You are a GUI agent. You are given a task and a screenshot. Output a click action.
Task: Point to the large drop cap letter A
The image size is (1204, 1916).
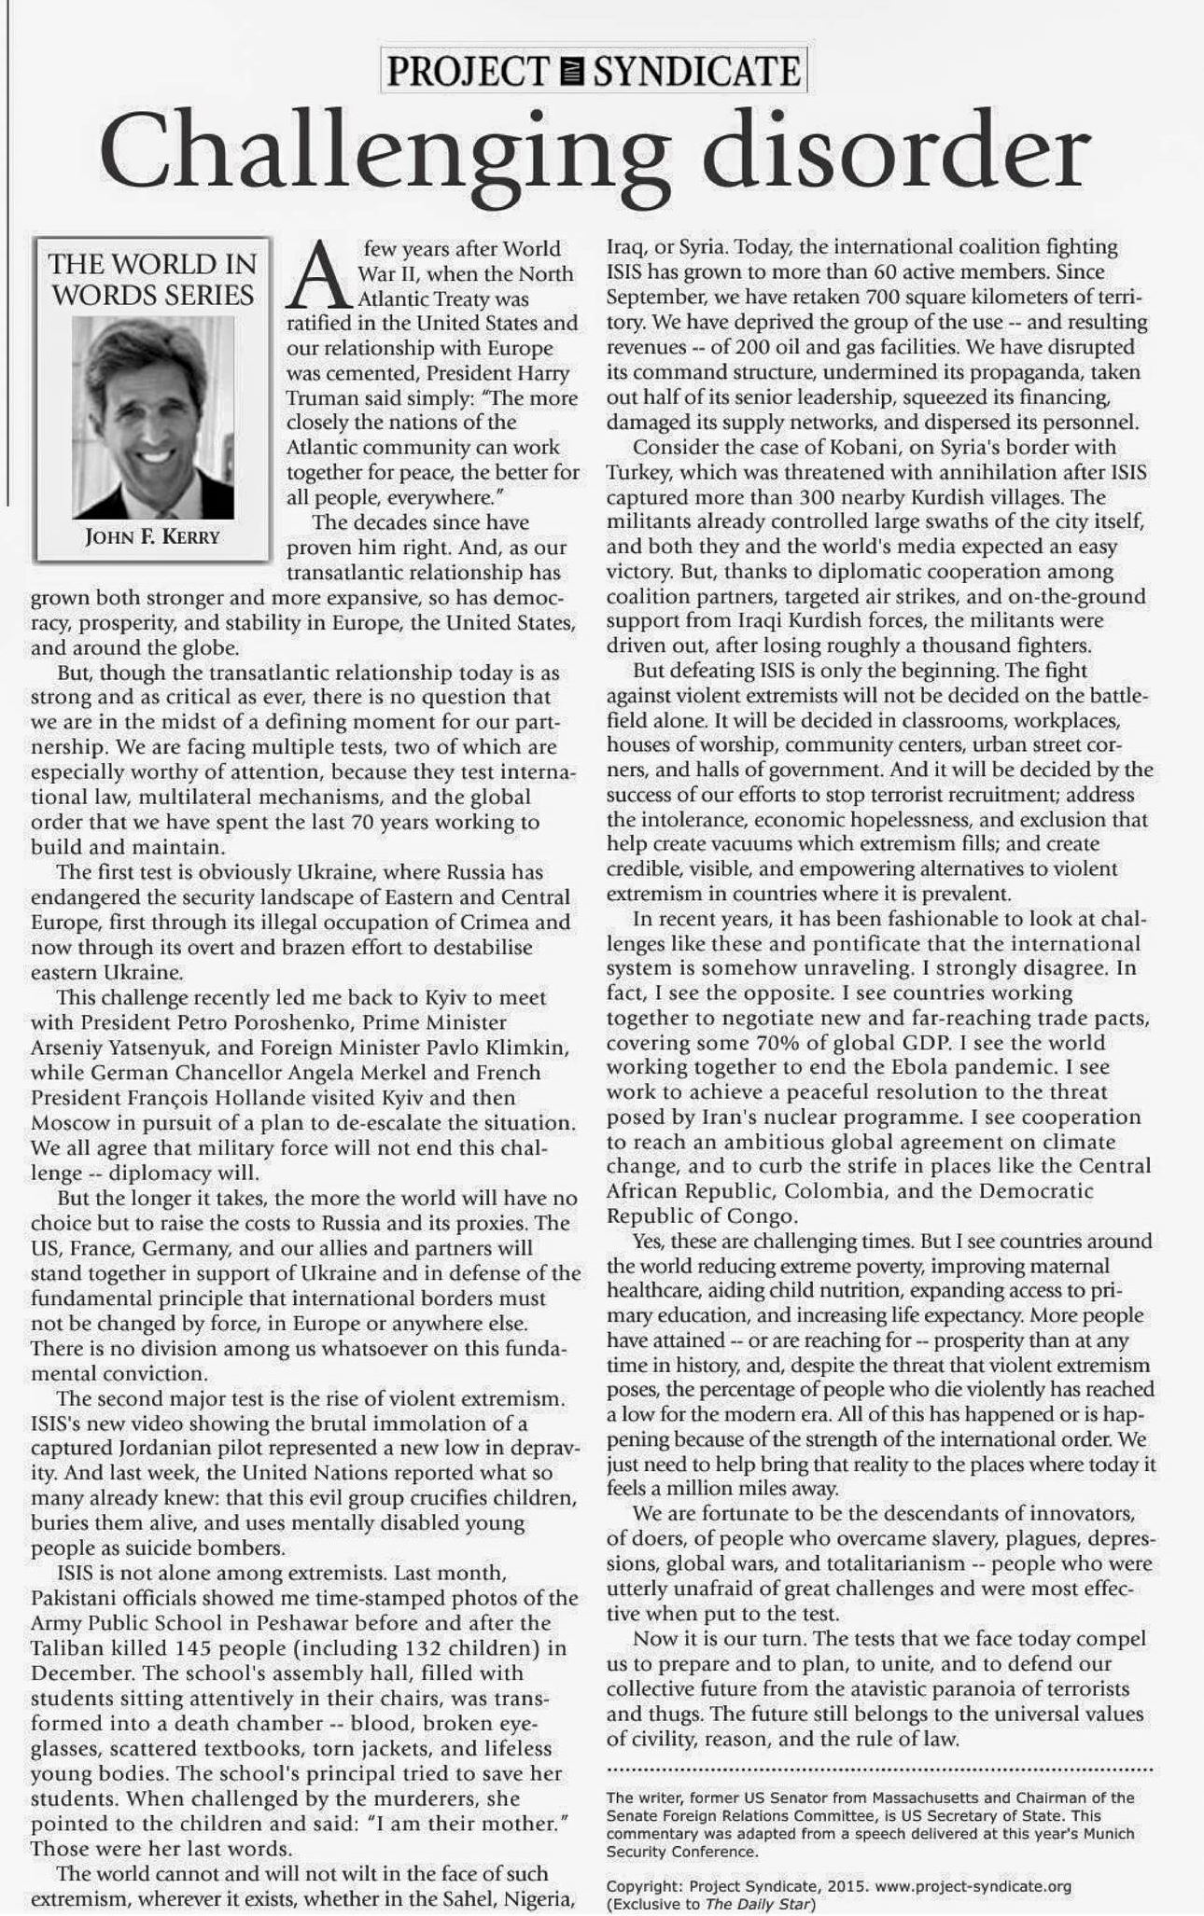point(319,275)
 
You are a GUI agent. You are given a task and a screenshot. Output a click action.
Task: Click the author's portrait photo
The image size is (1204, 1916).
point(153,418)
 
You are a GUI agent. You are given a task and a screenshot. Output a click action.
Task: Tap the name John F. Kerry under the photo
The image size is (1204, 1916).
point(153,536)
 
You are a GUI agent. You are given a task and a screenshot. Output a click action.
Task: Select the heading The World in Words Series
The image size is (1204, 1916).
point(153,279)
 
